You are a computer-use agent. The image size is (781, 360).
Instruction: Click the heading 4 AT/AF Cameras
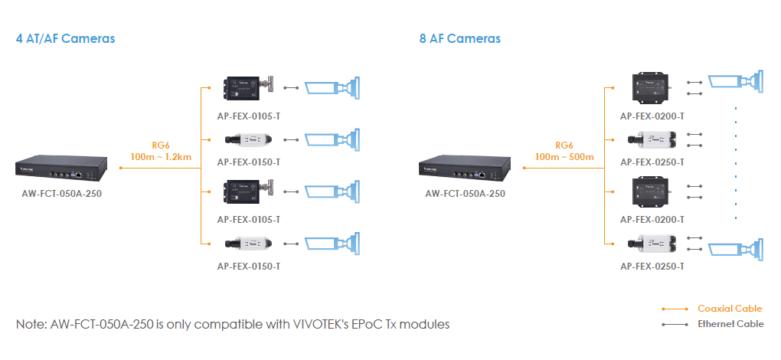coord(65,38)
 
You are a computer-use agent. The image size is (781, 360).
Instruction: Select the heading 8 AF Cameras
coord(459,38)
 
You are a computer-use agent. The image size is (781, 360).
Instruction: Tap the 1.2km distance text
coord(177,157)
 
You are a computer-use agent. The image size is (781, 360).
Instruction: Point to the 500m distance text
coord(580,157)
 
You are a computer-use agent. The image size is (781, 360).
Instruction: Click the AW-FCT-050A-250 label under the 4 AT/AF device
coord(61,193)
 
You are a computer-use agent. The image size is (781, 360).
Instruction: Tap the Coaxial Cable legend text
coord(730,309)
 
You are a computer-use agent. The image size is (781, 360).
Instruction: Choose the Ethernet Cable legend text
coord(730,324)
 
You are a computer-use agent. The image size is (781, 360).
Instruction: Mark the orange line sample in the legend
coord(674,309)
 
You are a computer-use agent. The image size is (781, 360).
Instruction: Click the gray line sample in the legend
coord(674,324)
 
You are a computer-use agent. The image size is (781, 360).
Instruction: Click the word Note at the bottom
coord(31,324)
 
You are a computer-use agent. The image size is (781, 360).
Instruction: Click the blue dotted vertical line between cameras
coord(736,161)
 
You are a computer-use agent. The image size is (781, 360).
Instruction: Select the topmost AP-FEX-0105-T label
coord(249,116)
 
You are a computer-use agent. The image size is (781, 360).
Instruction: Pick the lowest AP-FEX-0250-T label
coord(652,266)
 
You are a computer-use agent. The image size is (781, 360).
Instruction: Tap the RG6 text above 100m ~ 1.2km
coord(160,145)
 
